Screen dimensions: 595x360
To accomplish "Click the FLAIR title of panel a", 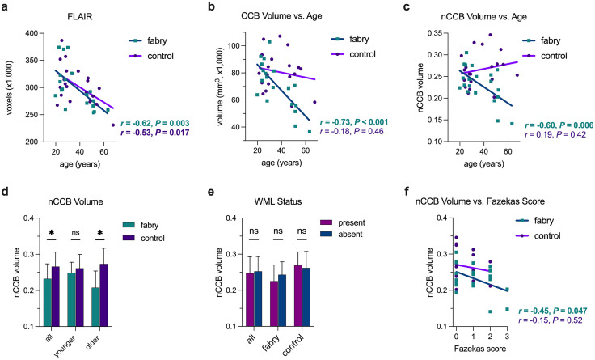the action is (81, 17).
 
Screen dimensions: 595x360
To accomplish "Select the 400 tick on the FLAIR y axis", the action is (32, 33).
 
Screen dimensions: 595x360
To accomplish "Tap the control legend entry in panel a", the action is (150, 56).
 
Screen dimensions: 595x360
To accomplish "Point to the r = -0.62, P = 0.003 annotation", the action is (155, 124).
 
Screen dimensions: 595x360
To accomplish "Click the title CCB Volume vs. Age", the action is (281, 15).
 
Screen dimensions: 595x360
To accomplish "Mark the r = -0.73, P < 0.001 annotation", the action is (354, 122).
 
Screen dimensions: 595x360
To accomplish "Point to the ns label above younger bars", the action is (75, 232).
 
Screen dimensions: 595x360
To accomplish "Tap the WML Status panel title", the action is (278, 201).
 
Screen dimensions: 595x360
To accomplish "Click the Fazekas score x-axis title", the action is (479, 348).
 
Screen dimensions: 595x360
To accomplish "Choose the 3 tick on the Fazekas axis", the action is (507, 337).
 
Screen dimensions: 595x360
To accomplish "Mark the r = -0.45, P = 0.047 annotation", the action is (553, 311).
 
